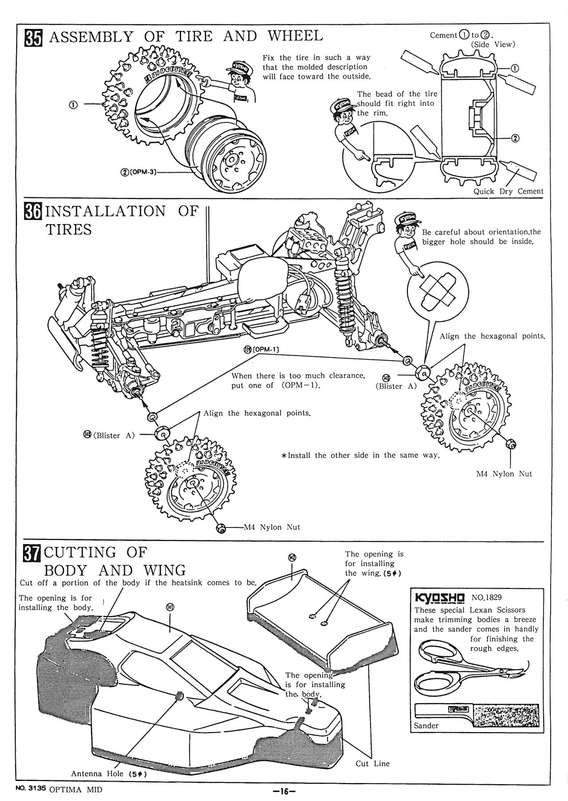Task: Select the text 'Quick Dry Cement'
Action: pyautogui.click(x=508, y=191)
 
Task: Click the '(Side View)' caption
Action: pyautogui.click(x=493, y=44)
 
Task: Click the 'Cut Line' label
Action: pyautogui.click(x=372, y=764)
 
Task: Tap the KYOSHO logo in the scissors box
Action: pyautogui.click(x=439, y=597)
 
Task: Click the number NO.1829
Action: pyautogui.click(x=487, y=598)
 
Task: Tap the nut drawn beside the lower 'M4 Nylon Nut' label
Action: pyautogui.click(x=220, y=527)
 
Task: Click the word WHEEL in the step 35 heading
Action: pyautogui.click(x=295, y=36)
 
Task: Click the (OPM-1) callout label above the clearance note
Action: pyautogui.click(x=262, y=349)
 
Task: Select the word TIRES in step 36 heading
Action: pyautogui.click(x=69, y=230)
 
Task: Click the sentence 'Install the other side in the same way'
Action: pyautogui.click(x=361, y=456)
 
